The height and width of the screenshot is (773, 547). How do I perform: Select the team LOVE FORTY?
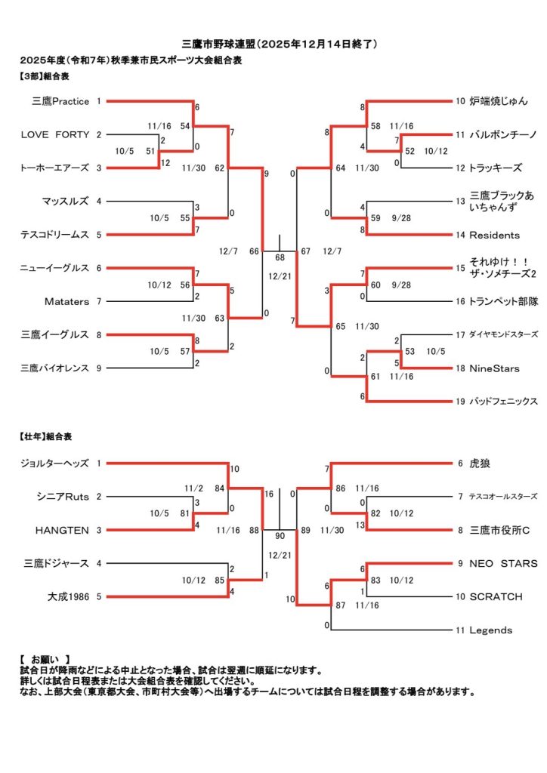click(x=55, y=134)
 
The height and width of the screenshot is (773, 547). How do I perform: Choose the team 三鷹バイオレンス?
click(x=55, y=368)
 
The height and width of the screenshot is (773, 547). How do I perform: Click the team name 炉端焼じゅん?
click(x=499, y=101)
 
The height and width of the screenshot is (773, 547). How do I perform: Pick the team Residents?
click(x=494, y=235)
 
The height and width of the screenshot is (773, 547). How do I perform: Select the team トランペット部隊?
click(x=502, y=301)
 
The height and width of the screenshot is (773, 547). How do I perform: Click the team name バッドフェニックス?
click(x=503, y=402)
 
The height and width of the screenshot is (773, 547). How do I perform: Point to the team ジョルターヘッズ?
click(x=55, y=463)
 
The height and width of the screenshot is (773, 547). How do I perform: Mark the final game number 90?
click(x=280, y=536)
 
